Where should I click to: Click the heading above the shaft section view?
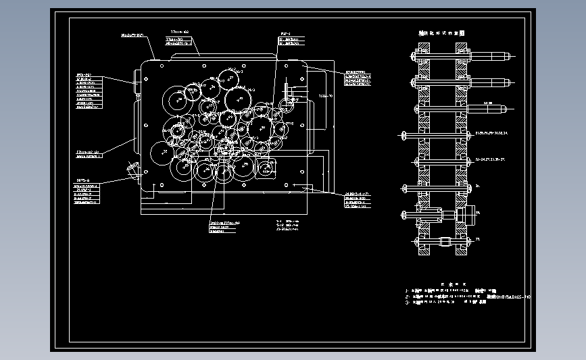coord(442,32)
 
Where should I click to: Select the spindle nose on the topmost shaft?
coord(499,54)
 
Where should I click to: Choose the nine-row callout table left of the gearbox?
coord(88,90)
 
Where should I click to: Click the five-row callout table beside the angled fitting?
coord(87,193)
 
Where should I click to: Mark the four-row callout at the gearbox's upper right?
coord(358,78)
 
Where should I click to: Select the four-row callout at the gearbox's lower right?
coord(356,199)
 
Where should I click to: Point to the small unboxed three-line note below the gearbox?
coord(290,225)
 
